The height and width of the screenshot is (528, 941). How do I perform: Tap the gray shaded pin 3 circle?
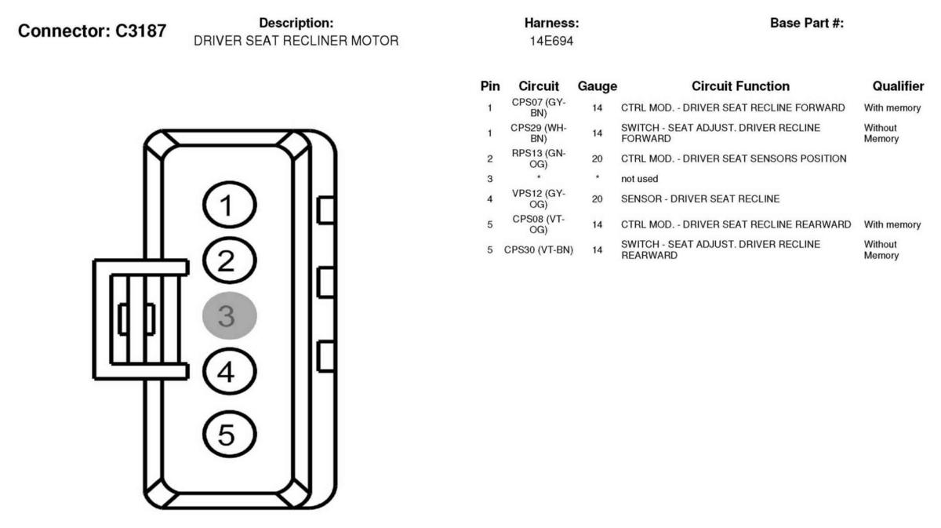(229, 315)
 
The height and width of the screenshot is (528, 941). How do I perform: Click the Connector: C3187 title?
(92, 31)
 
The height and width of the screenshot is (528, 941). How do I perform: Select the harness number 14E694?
(551, 41)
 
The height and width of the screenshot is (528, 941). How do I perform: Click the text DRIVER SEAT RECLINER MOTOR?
(296, 41)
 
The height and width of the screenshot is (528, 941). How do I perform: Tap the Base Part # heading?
(807, 23)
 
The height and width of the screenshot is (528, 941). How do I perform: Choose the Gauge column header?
(597, 86)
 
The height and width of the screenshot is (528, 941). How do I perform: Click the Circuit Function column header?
(740, 86)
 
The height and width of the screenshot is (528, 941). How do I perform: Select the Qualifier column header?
(898, 86)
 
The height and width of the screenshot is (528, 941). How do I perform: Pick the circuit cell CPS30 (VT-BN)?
(538, 249)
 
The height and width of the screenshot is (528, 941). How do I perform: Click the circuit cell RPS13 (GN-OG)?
(538, 158)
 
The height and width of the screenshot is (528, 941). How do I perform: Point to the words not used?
(639, 179)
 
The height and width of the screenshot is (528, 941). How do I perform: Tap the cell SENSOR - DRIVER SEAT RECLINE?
(699, 198)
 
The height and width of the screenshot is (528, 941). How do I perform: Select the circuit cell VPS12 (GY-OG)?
(538, 198)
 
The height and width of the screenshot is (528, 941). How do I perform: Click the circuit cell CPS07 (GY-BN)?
(538, 107)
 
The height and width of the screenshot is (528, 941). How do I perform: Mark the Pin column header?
(490, 86)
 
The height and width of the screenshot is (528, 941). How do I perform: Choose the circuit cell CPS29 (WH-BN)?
(538, 133)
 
